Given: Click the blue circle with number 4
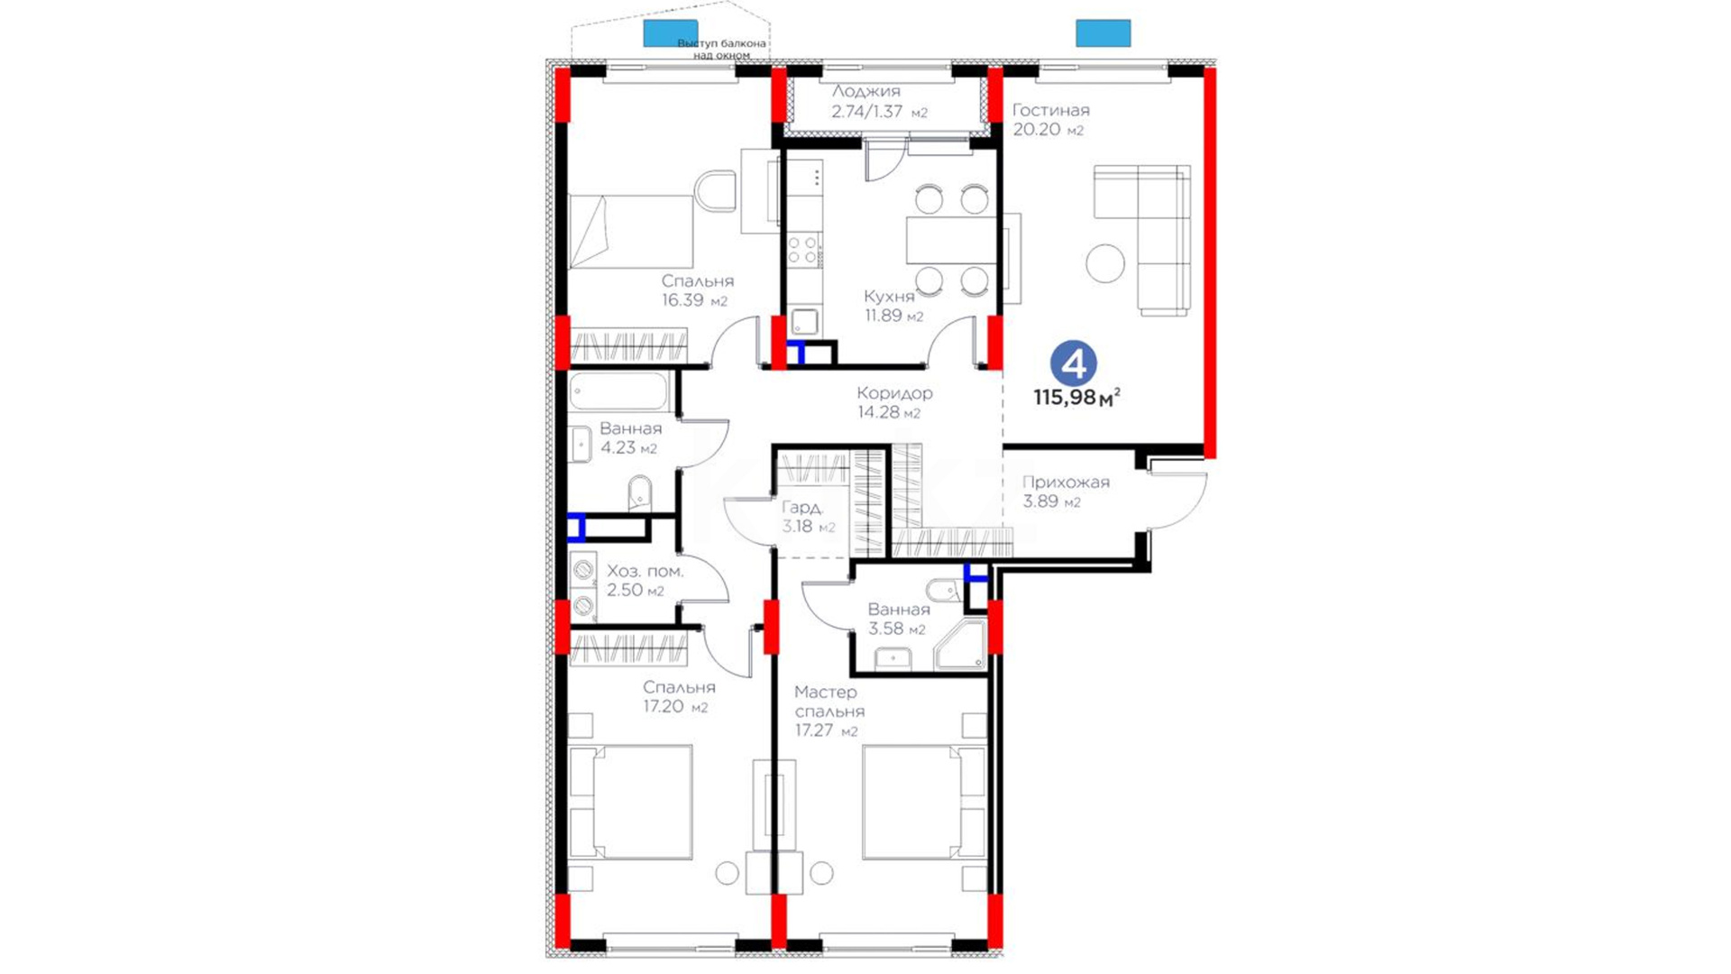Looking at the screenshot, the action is tap(1073, 363).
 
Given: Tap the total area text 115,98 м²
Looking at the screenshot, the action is tap(1076, 397).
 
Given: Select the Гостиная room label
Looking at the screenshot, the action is tap(1050, 110).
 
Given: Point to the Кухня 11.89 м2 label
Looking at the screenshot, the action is tap(893, 306).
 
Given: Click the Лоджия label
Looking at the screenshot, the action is tap(865, 91).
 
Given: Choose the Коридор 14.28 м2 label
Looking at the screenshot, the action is tap(894, 403).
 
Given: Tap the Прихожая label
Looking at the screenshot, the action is tap(1066, 482).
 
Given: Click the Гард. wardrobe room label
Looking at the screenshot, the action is tap(801, 508).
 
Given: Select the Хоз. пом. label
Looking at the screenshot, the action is tap(645, 572).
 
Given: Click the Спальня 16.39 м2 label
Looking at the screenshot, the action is tap(696, 291).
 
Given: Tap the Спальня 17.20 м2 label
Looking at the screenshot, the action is tap(678, 697).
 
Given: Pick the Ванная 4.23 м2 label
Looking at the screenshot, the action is tap(630, 438).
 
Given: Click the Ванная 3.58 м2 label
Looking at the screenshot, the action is tap(898, 620).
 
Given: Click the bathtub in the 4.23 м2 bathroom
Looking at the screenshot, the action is tap(618, 391).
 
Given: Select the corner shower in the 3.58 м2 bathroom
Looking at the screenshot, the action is tap(961, 646).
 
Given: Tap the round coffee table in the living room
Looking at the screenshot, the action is tap(1105, 264).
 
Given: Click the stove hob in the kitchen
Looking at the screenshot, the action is tap(803, 251).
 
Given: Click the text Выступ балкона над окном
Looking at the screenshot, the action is tap(721, 49).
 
